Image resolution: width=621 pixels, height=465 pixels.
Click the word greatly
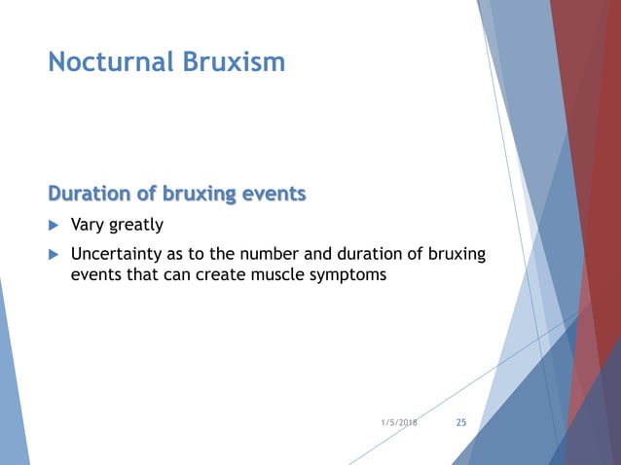pyautogui.click(x=136, y=226)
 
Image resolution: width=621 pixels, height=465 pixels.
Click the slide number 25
pyautogui.click(x=461, y=423)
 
